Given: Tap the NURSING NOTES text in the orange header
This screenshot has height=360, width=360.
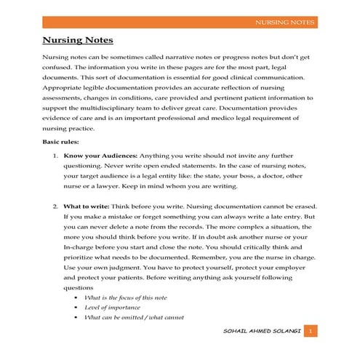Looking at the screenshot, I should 284,23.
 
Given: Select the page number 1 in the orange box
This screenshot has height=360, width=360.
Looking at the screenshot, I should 310,332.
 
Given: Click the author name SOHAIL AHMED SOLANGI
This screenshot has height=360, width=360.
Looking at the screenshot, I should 263,332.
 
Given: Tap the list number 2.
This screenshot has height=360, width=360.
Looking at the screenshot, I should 56,206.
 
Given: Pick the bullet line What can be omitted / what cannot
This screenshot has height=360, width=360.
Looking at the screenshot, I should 134,317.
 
